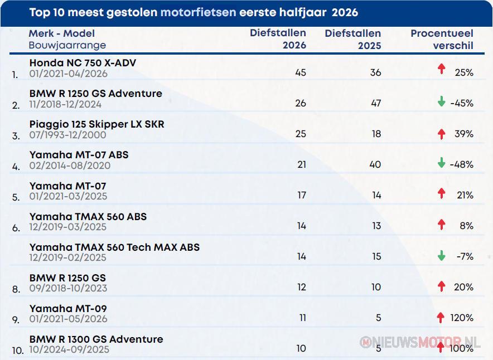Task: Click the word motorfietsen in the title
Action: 198,12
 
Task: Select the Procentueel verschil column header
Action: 442,39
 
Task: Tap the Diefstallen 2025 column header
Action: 353,39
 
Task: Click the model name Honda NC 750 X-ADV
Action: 83,63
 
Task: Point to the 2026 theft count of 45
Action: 301,72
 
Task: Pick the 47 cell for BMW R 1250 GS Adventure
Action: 376,103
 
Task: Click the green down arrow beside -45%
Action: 442,101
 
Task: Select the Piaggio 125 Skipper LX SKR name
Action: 97,124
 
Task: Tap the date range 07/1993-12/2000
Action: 67,135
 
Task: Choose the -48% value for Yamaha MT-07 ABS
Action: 462,164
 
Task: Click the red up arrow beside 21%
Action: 442,193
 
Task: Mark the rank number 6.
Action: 16,228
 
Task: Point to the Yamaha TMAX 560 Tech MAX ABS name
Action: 114,247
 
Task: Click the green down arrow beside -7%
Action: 442,256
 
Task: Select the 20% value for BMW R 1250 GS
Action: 463,287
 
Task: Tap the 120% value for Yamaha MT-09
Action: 462,318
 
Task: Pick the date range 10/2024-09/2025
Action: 69,349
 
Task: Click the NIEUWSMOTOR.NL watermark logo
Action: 420,342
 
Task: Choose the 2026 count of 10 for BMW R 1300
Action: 301,348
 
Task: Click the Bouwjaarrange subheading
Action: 67,45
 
